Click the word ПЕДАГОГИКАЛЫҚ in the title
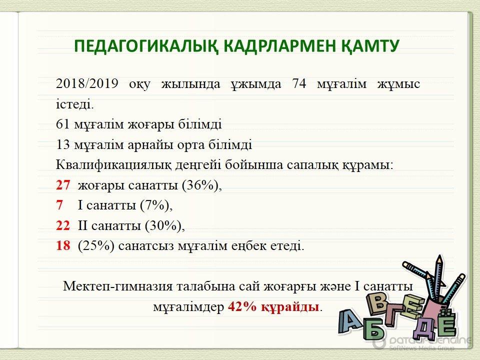tap(146, 46)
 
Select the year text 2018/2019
tap(87, 83)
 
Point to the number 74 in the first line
tap(299, 83)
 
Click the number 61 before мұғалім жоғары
tap(63, 124)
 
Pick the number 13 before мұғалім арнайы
tap(63, 144)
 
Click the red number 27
tap(63, 185)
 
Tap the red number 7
tap(59, 205)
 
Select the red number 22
tap(63, 225)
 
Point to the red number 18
tap(63, 245)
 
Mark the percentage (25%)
tap(96, 246)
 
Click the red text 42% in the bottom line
tap(242, 306)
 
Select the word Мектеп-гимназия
tap(118, 286)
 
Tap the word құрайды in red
tap(290, 307)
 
